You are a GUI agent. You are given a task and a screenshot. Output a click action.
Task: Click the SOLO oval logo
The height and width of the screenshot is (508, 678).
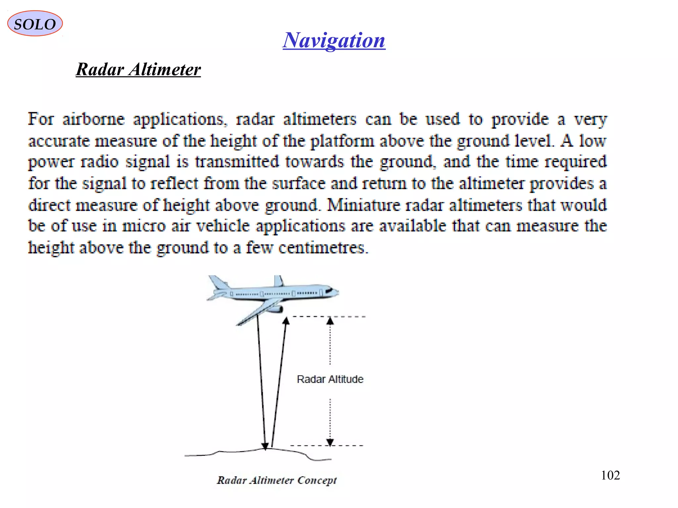coord(35,23)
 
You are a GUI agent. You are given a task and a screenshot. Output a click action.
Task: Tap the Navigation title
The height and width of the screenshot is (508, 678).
coord(334,40)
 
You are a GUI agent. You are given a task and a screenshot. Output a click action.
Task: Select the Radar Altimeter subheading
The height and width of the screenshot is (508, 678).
coord(138,69)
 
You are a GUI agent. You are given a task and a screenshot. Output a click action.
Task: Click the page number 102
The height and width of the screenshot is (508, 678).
coord(610,475)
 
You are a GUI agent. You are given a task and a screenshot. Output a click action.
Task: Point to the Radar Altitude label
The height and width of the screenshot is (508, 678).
coord(330,379)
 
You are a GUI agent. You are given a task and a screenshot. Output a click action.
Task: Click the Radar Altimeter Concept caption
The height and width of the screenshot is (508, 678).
coord(277,480)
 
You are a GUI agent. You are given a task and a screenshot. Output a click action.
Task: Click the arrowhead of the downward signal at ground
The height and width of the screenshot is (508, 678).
coord(265,446)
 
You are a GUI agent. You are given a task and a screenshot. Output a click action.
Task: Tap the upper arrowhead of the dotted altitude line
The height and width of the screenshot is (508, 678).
coord(330,320)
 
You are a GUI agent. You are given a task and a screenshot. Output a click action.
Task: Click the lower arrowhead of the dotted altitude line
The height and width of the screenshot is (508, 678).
coord(330,442)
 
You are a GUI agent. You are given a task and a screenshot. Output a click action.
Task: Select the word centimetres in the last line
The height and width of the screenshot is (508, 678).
coord(323,247)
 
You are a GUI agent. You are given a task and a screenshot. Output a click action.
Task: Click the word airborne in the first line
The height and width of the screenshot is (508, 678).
coord(94,119)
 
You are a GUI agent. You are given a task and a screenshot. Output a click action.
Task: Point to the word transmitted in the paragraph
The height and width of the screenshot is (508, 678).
coord(237,162)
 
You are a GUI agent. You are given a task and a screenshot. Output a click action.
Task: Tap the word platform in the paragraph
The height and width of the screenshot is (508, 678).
coord(342,141)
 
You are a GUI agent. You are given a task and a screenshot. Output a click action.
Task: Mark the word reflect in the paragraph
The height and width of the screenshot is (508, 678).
coord(174,183)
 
